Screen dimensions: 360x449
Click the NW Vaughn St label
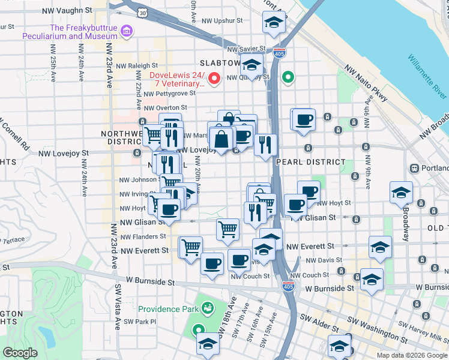point(69,11)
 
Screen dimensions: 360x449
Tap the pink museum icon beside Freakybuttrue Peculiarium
point(126,31)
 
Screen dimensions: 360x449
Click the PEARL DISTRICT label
point(311,162)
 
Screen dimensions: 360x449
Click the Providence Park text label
point(167,309)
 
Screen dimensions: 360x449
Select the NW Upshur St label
point(221,20)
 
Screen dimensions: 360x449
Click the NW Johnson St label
point(137,179)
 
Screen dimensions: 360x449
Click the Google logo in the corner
point(20,353)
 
